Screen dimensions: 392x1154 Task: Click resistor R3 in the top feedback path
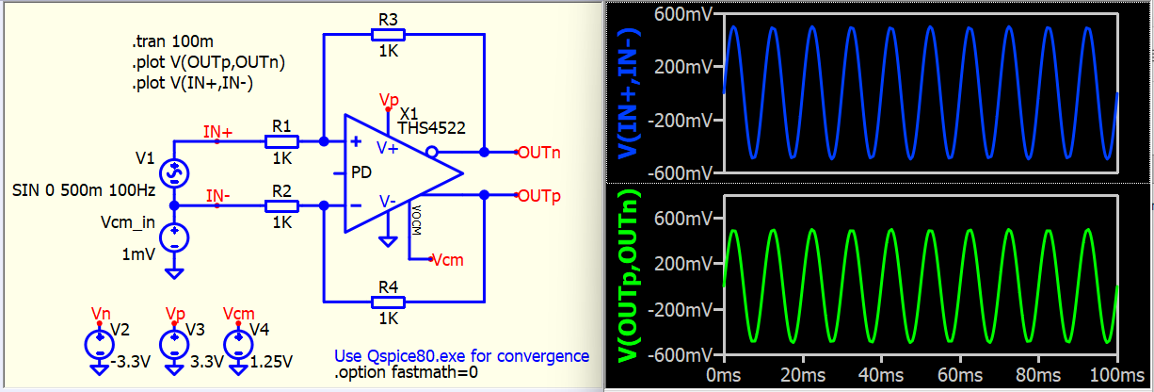(x=387, y=35)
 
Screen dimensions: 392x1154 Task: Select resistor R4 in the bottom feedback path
(x=387, y=302)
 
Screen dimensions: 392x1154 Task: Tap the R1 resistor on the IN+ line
(x=281, y=142)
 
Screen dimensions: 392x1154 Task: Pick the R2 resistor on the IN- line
(x=281, y=205)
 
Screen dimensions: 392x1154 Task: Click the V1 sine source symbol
(x=174, y=171)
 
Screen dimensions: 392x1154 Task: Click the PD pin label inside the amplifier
(x=361, y=173)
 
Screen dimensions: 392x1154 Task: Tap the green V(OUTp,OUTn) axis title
(x=622, y=279)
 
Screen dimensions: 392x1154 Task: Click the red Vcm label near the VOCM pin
(x=448, y=259)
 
